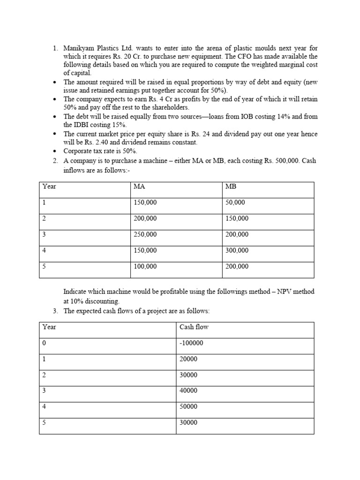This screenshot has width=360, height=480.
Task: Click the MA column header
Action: click(139, 187)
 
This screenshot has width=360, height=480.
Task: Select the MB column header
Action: click(231, 187)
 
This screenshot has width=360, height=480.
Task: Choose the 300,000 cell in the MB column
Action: click(237, 250)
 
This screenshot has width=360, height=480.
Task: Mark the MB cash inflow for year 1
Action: click(235, 202)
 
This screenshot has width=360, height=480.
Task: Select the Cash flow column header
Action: click(194, 327)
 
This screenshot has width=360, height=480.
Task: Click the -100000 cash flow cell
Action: click(191, 343)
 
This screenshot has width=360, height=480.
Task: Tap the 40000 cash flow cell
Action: click(188, 390)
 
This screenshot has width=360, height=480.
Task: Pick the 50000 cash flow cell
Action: click(188, 406)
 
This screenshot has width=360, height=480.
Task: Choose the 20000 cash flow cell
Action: click(188, 359)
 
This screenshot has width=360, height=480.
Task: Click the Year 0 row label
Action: click(45, 343)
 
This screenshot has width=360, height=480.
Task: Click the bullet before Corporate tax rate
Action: click(55, 151)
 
